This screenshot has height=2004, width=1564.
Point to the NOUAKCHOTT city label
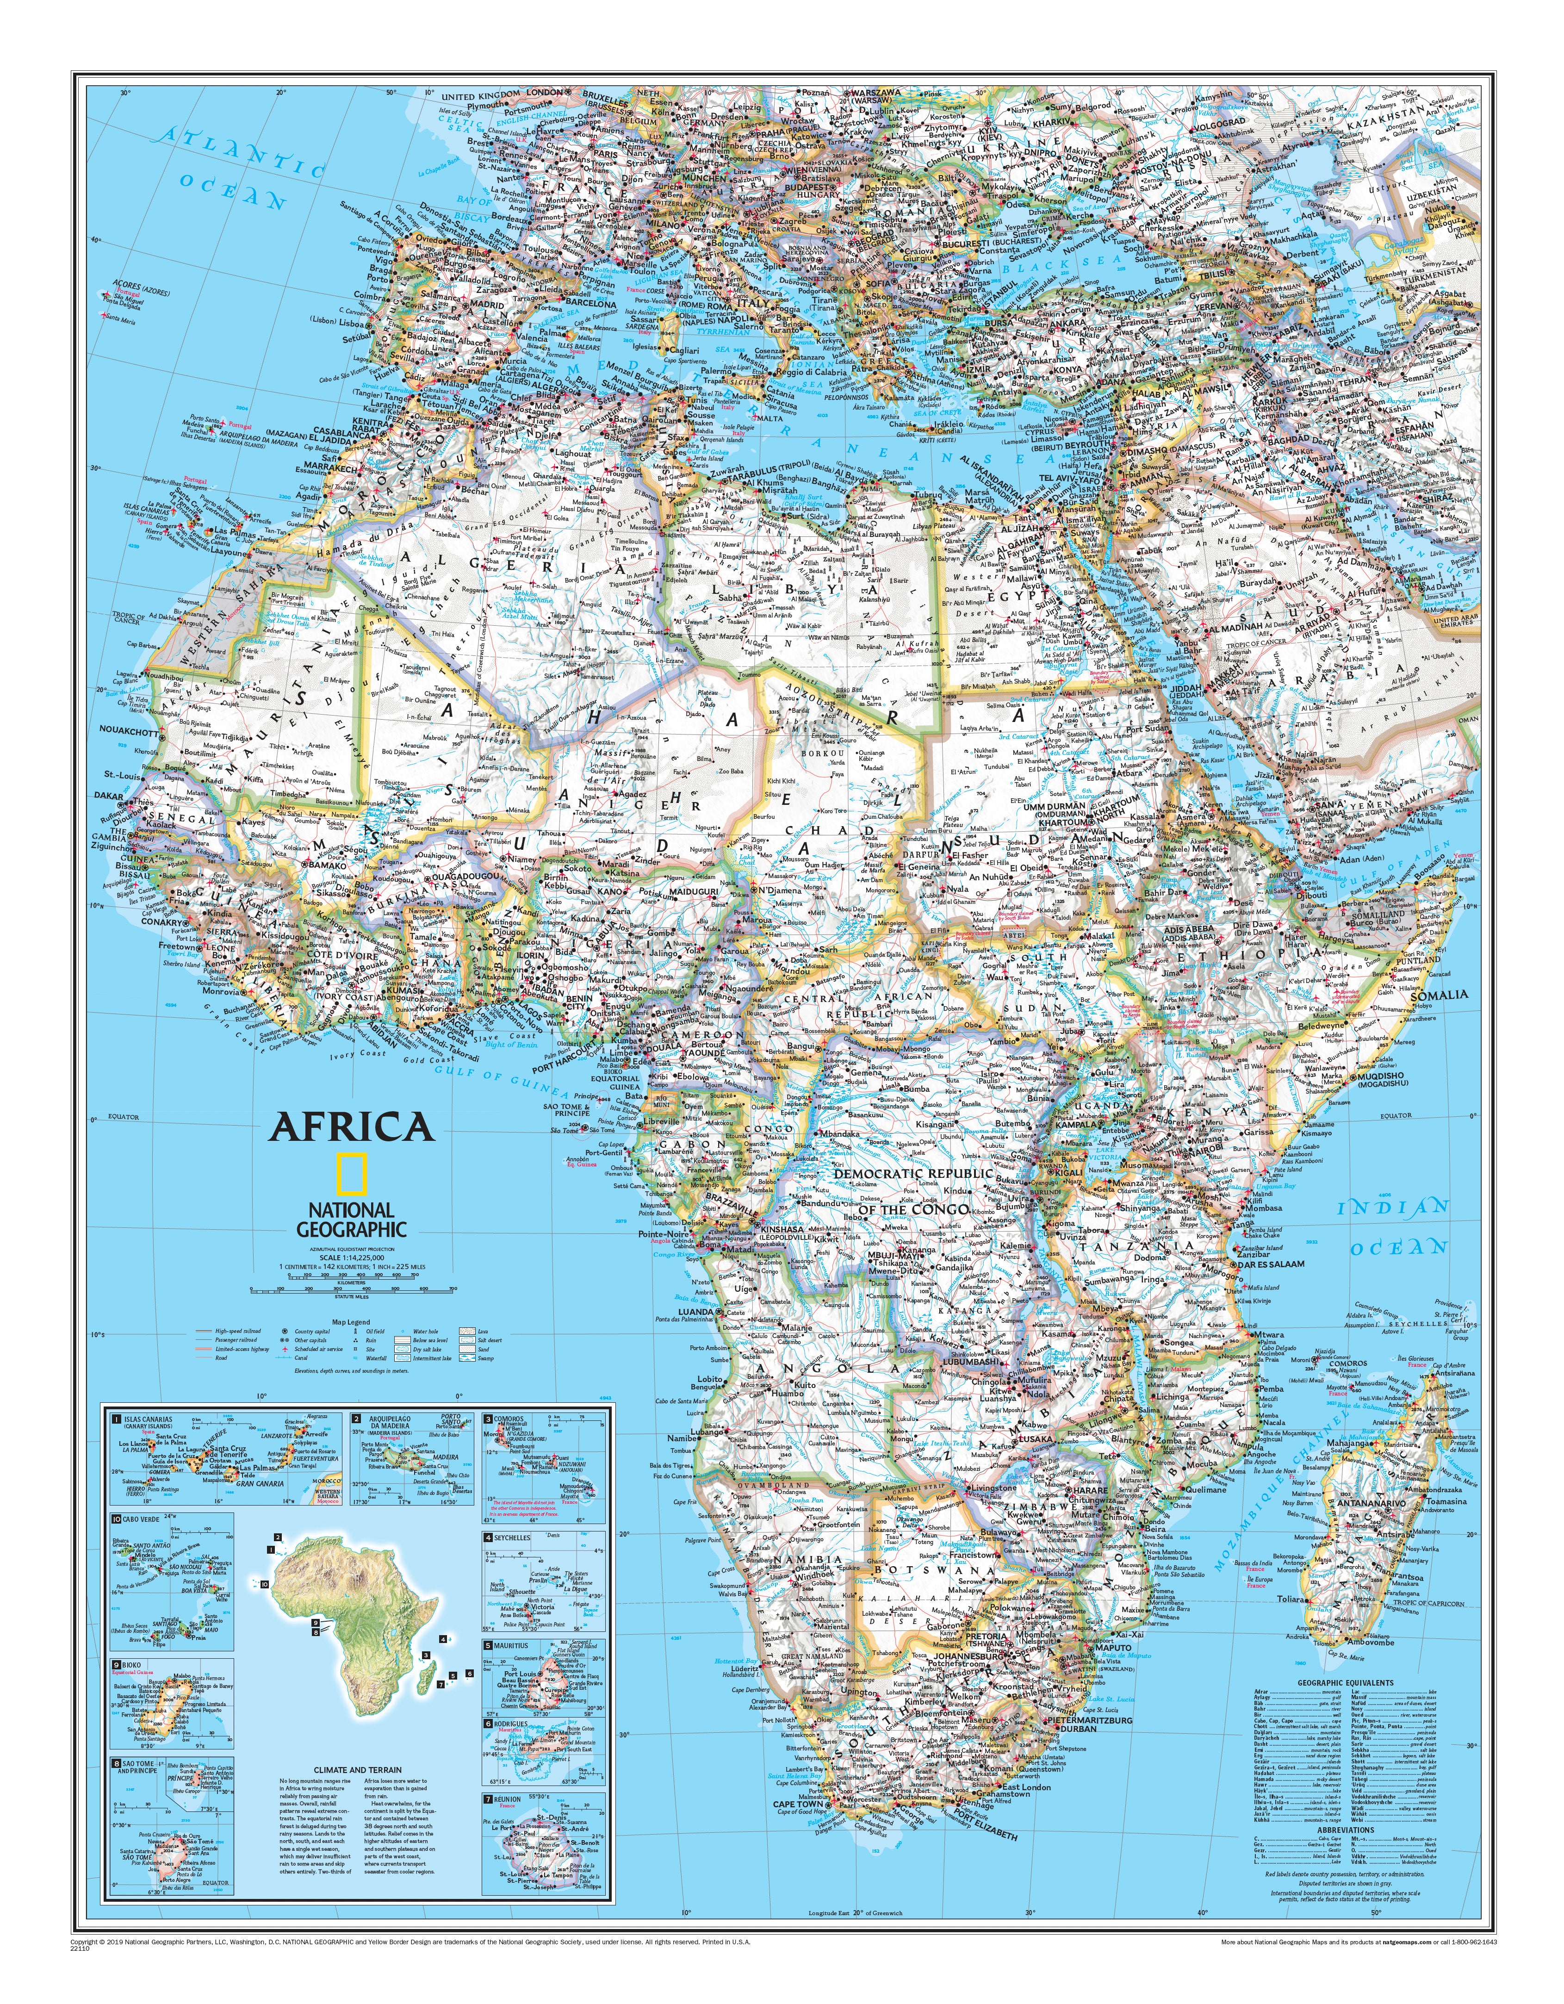[x=129, y=732]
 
